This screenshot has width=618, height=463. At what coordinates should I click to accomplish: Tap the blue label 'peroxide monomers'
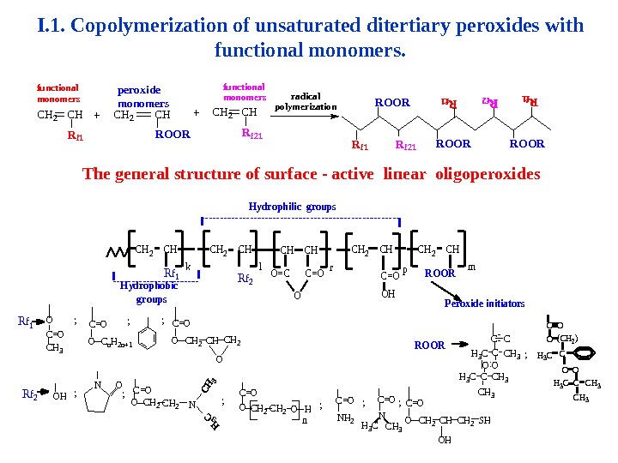pos(142,96)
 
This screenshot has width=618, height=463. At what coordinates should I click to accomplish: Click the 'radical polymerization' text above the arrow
pos(306,102)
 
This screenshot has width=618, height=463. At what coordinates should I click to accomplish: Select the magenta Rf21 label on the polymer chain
pos(405,145)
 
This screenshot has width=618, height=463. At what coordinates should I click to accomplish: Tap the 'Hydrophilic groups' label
pos(292,207)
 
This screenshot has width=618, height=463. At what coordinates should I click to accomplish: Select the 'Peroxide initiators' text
pos(484,304)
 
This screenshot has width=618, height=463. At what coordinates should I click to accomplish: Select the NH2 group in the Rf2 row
pos(345,418)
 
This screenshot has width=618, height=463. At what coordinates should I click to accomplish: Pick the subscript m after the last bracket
pos(471,267)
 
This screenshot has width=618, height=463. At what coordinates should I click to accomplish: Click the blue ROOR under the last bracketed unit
pos(439,274)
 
